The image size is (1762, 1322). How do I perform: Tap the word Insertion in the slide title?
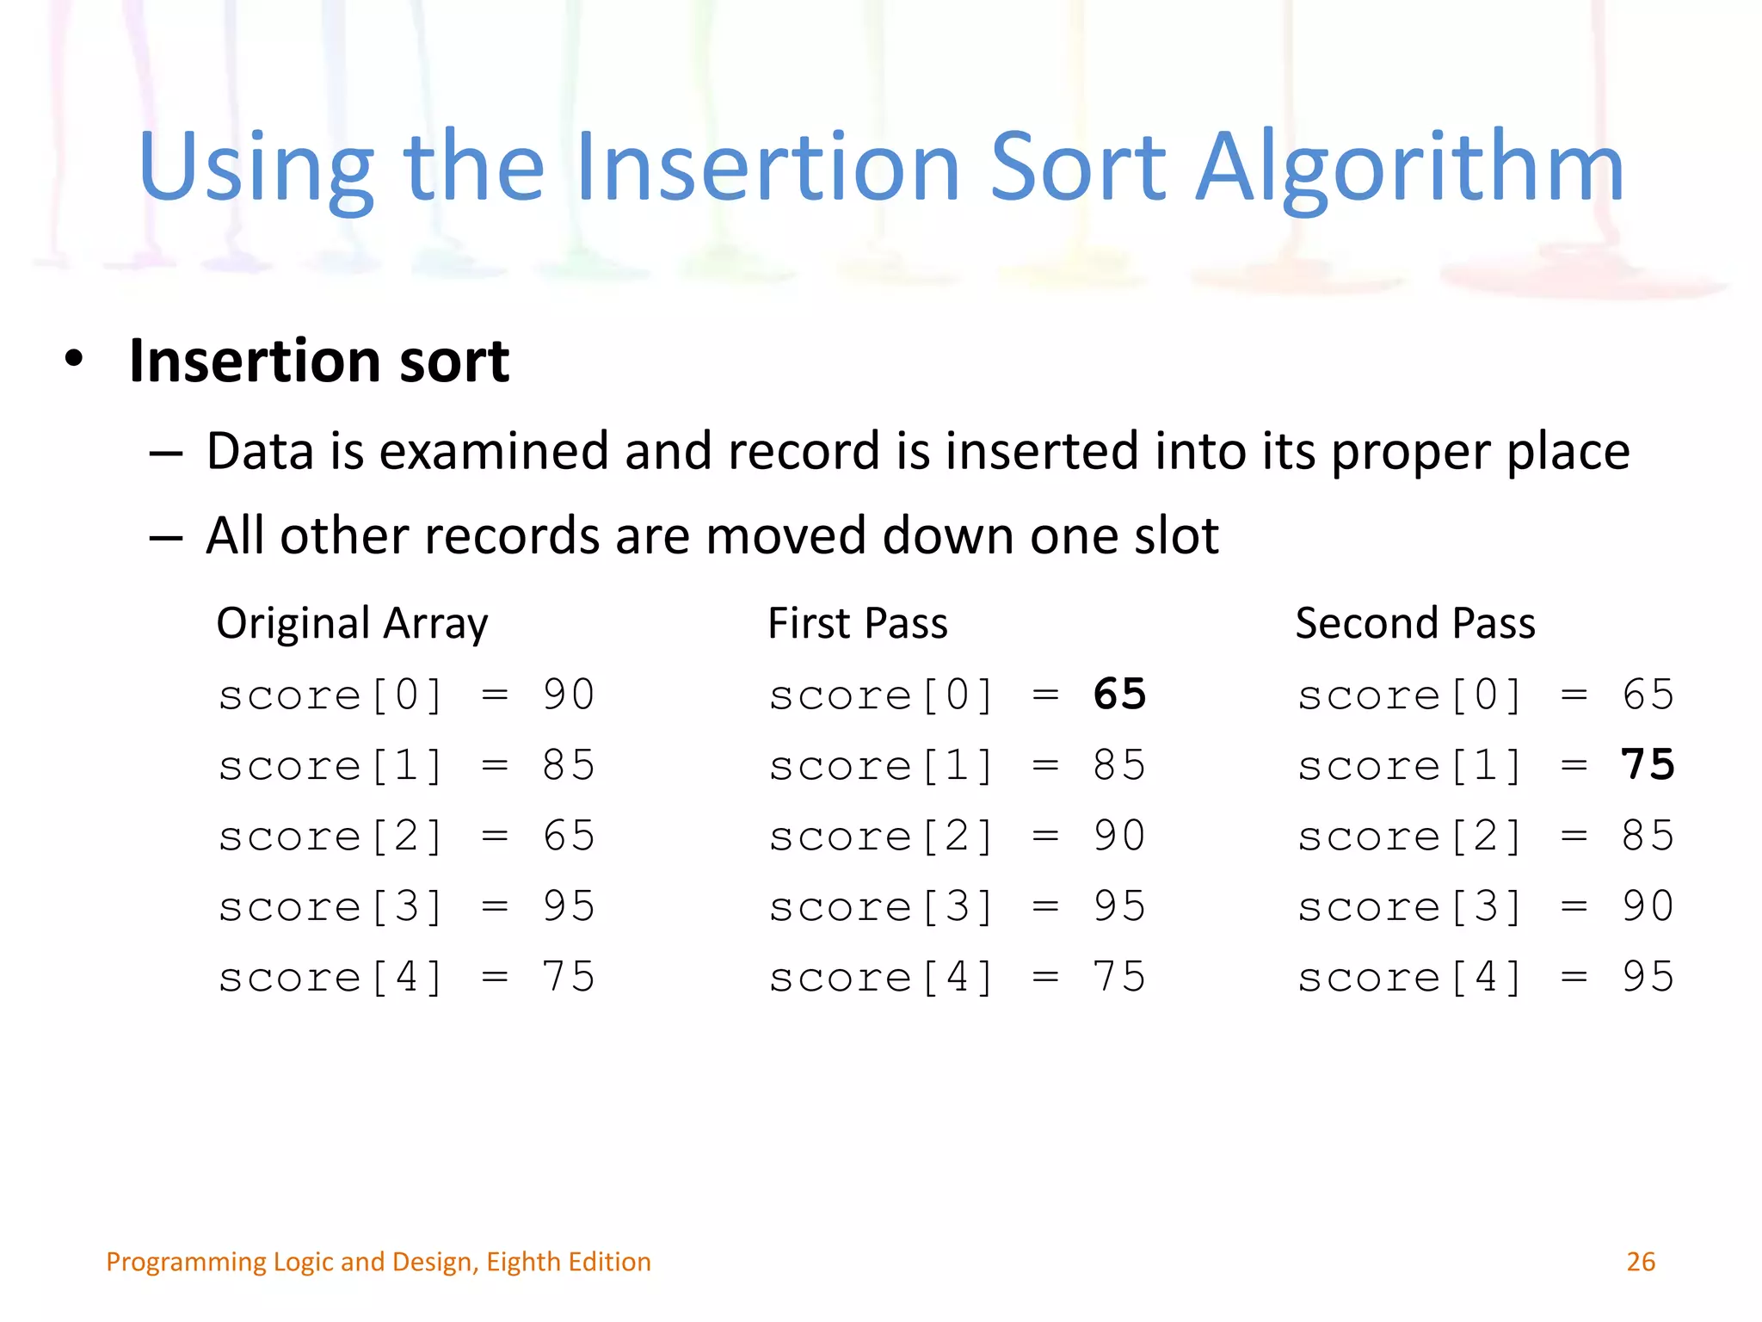767,168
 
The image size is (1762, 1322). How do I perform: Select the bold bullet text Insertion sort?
318,361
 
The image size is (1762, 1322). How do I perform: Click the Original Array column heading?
352,624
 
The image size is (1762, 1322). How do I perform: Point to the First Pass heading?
857,624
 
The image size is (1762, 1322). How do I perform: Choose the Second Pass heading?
1414,624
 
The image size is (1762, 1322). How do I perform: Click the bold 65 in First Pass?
1119,695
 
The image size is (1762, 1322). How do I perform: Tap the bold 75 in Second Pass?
1648,765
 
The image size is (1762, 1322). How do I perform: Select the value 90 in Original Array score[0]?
569,695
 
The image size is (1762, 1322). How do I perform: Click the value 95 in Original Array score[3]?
569,906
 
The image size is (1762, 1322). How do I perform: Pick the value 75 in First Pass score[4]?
1119,977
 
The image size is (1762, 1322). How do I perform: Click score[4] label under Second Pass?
1410,978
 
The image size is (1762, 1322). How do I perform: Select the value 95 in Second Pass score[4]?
1648,977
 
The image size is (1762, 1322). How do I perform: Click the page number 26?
1640,1262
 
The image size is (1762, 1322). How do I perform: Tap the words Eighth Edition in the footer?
568,1262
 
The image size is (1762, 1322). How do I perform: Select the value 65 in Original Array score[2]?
569,836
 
